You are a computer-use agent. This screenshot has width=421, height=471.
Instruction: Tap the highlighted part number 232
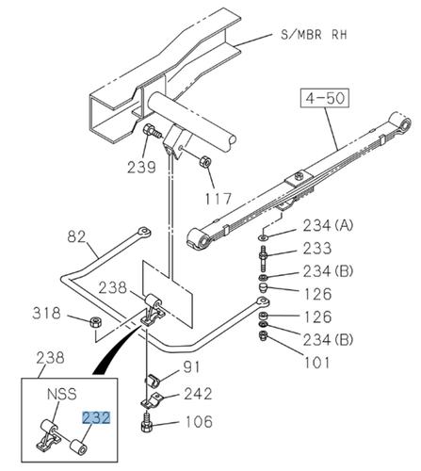pyautogui.click(x=96, y=416)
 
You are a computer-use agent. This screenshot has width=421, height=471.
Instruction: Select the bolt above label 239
pyautogui.click(x=151, y=133)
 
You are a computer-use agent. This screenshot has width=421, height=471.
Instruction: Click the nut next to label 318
pyautogui.click(x=95, y=324)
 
